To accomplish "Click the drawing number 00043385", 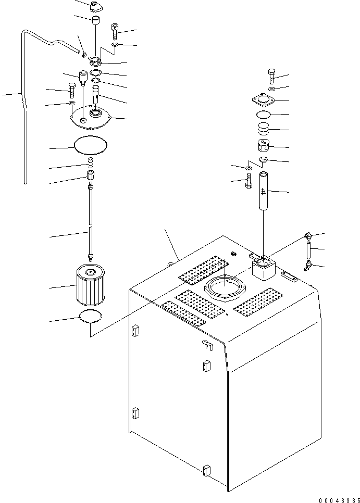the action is coord(339,500).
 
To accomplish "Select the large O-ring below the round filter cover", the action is coord(90,145).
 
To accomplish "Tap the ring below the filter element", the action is coord(91,317).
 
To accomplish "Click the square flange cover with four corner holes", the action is coord(264,100).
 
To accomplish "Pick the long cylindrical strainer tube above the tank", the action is coord(264,191).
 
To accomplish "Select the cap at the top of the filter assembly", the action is coord(94,6).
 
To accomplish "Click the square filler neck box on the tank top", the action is coord(264,268).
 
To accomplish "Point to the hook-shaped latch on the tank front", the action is coord(208,344).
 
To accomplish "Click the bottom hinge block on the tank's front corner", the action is coord(207,470).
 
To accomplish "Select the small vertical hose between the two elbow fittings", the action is coord(309,251).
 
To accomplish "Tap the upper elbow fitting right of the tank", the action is coord(307,236).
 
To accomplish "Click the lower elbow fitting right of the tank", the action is coord(308,266).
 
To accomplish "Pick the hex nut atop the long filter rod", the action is coord(91,175).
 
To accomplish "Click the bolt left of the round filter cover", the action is coord(71,91).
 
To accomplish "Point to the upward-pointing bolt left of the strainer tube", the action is coord(249,181).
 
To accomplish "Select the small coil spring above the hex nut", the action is coord(91,162).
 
